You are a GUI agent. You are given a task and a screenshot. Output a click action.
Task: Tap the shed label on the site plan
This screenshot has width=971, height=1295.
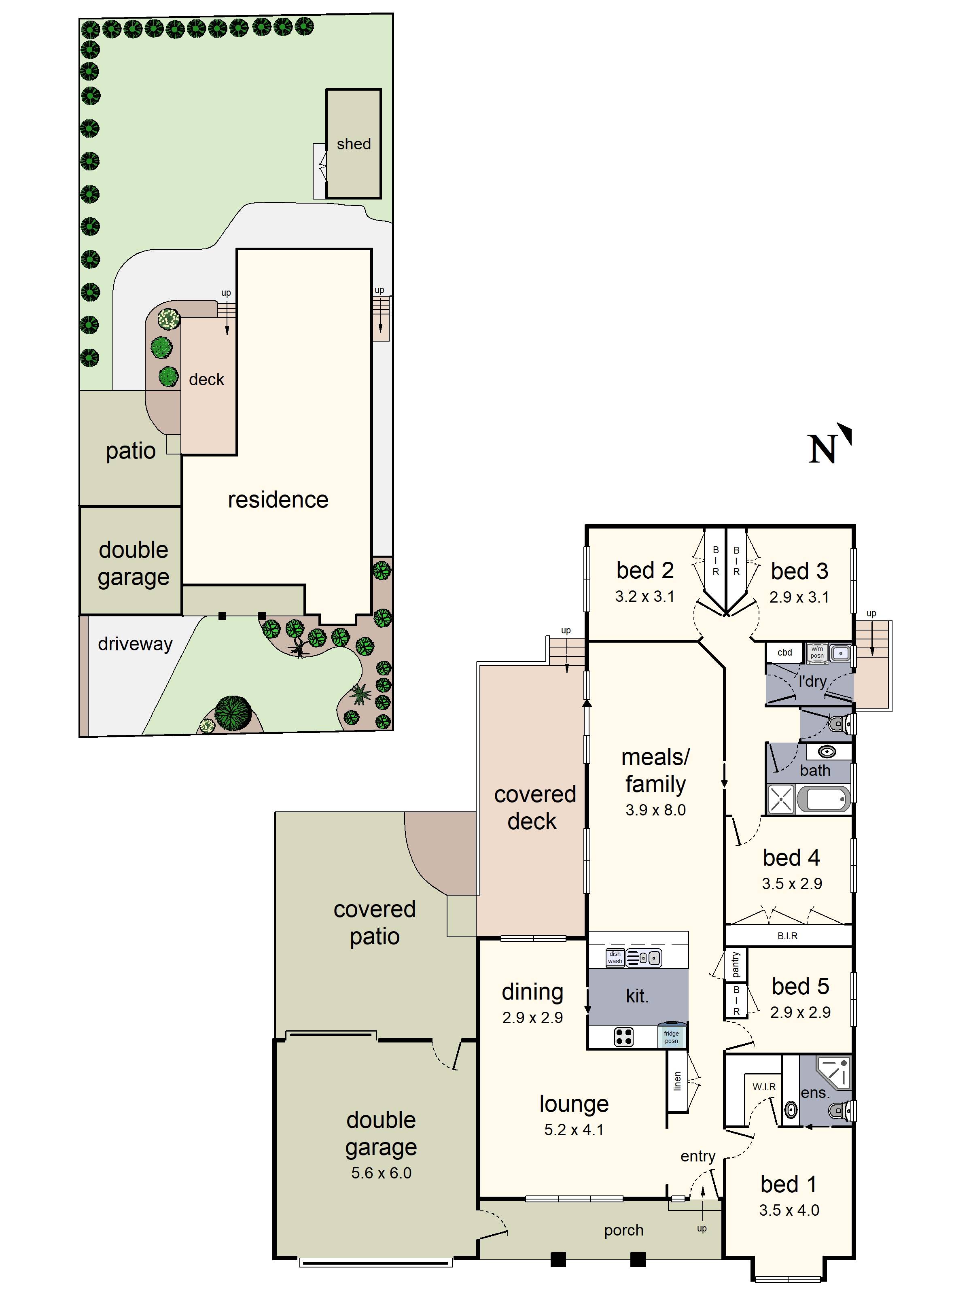click(x=354, y=144)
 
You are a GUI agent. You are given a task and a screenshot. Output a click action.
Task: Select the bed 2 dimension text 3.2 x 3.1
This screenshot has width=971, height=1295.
click(x=645, y=597)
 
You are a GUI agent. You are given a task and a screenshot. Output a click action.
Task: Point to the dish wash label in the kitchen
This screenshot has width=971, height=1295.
click(x=615, y=957)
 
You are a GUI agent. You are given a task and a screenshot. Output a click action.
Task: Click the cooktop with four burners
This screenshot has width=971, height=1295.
click(x=623, y=1037)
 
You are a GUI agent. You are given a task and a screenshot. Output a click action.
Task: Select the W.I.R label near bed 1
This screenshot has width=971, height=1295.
click(x=764, y=1087)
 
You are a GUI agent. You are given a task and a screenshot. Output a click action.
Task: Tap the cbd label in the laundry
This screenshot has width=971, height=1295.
click(x=784, y=652)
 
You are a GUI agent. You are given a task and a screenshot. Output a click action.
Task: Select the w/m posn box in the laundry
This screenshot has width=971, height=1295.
click(x=817, y=652)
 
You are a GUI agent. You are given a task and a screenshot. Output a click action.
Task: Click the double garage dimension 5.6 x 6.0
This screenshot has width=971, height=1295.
click(x=381, y=1173)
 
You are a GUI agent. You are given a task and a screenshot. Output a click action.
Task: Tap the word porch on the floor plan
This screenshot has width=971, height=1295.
click(x=623, y=1230)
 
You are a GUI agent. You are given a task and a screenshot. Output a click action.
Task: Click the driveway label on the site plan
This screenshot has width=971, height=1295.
click(x=135, y=644)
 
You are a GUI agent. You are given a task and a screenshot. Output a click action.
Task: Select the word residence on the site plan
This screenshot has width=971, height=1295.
click(x=278, y=500)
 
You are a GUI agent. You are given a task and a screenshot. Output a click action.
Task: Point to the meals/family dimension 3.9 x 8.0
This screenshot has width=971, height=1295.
click(x=655, y=810)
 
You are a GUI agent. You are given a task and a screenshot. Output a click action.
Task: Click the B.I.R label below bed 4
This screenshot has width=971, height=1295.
click(x=787, y=936)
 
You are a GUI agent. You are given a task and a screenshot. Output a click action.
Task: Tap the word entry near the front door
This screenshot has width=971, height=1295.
click(x=698, y=1156)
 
